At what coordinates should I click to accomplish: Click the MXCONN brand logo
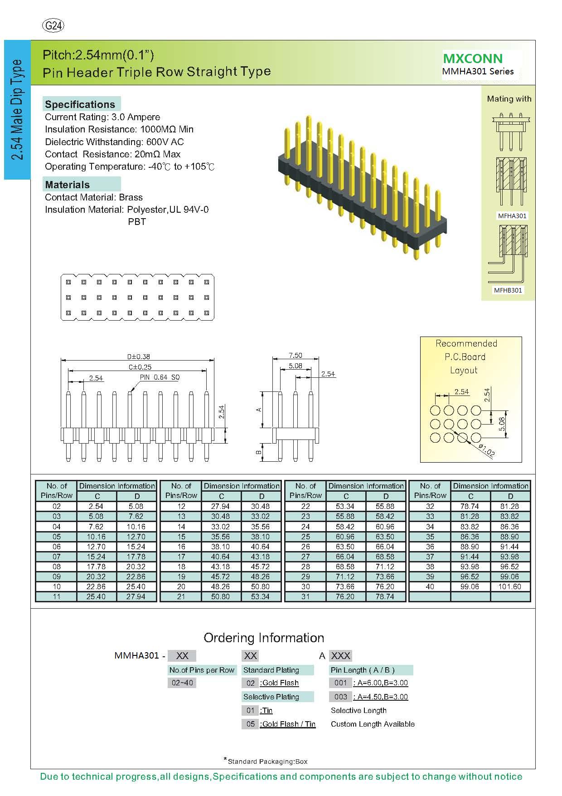pos(473,59)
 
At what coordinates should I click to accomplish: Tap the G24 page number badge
pos(53,26)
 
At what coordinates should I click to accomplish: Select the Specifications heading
pos(80,104)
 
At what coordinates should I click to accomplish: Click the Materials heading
pos(68,185)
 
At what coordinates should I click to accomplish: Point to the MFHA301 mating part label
pos(512,216)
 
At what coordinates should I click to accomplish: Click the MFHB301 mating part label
pos(508,290)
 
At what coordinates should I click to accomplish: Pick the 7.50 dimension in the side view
pos(295,356)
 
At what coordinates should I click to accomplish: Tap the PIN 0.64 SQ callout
pos(160,377)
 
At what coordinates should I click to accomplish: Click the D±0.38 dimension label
pos(138,357)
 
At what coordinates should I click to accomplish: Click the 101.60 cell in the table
pos(510,586)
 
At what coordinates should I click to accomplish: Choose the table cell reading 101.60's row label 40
pos(430,586)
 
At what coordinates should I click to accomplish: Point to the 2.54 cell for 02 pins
pos(96,506)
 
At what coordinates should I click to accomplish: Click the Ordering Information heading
pos(264,638)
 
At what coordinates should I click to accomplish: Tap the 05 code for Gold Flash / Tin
pos(251,724)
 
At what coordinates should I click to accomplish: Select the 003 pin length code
pos(340,697)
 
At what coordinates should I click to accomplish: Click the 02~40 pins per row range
pos(182,683)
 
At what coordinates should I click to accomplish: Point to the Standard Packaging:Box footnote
pos(267,762)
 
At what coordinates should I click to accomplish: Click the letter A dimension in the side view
pos(259,410)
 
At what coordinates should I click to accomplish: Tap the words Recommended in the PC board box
pos(466,344)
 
